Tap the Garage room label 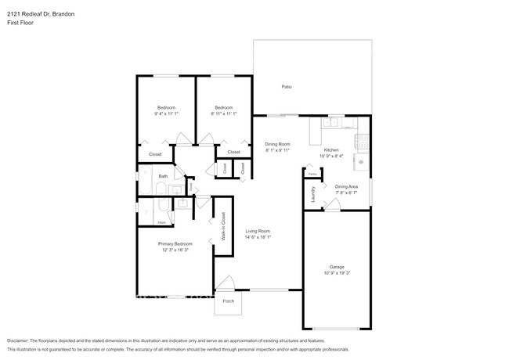337,267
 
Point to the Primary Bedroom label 175,243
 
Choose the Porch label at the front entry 229,301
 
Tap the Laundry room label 313,193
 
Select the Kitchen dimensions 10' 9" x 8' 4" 332,157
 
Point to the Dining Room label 277,144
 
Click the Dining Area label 346,186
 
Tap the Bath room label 163,176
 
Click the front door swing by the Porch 226,283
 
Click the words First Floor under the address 20,23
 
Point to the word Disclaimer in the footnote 19,341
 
